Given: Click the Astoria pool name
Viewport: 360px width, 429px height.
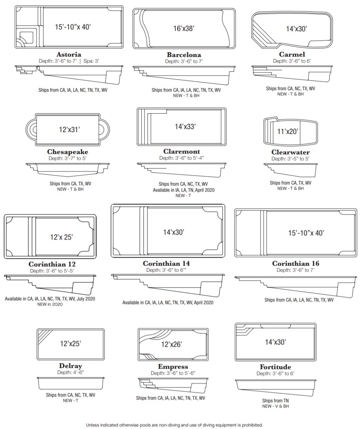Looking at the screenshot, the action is click(x=69, y=54).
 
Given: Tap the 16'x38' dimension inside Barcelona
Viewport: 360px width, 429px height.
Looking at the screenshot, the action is click(x=184, y=28).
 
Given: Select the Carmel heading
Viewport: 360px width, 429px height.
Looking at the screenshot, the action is click(x=292, y=54).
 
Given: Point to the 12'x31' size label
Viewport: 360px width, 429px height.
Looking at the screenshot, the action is click(x=69, y=129).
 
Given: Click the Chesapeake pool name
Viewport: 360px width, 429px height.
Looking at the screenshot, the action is click(x=67, y=152).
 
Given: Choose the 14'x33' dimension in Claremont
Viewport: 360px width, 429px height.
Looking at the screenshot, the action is click(x=185, y=127).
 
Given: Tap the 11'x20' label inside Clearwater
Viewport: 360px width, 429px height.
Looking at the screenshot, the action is click(x=288, y=132).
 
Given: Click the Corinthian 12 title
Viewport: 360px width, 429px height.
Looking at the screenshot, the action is click(x=52, y=264).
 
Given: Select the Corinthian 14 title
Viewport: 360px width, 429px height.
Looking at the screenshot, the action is click(x=166, y=263).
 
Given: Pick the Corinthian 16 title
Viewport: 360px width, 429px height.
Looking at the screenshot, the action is click(x=296, y=263).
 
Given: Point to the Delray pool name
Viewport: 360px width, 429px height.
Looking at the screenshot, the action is click(x=70, y=366).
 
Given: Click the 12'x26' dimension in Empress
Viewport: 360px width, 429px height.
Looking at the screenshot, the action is click(x=172, y=344).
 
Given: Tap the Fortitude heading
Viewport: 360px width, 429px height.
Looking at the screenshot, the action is click(x=275, y=367).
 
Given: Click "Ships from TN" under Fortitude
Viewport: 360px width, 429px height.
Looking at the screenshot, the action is click(x=275, y=401).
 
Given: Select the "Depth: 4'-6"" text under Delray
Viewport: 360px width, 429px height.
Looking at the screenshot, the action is click(x=70, y=372).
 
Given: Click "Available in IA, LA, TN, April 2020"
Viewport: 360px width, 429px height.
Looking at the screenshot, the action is click(x=184, y=190).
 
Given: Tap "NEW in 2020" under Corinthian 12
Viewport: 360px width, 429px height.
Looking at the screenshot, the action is click(x=50, y=304).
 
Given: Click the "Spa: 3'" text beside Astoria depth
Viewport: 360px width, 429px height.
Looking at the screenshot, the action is click(x=91, y=61).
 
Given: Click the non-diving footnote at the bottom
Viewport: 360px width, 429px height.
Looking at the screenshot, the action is click(x=175, y=425).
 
